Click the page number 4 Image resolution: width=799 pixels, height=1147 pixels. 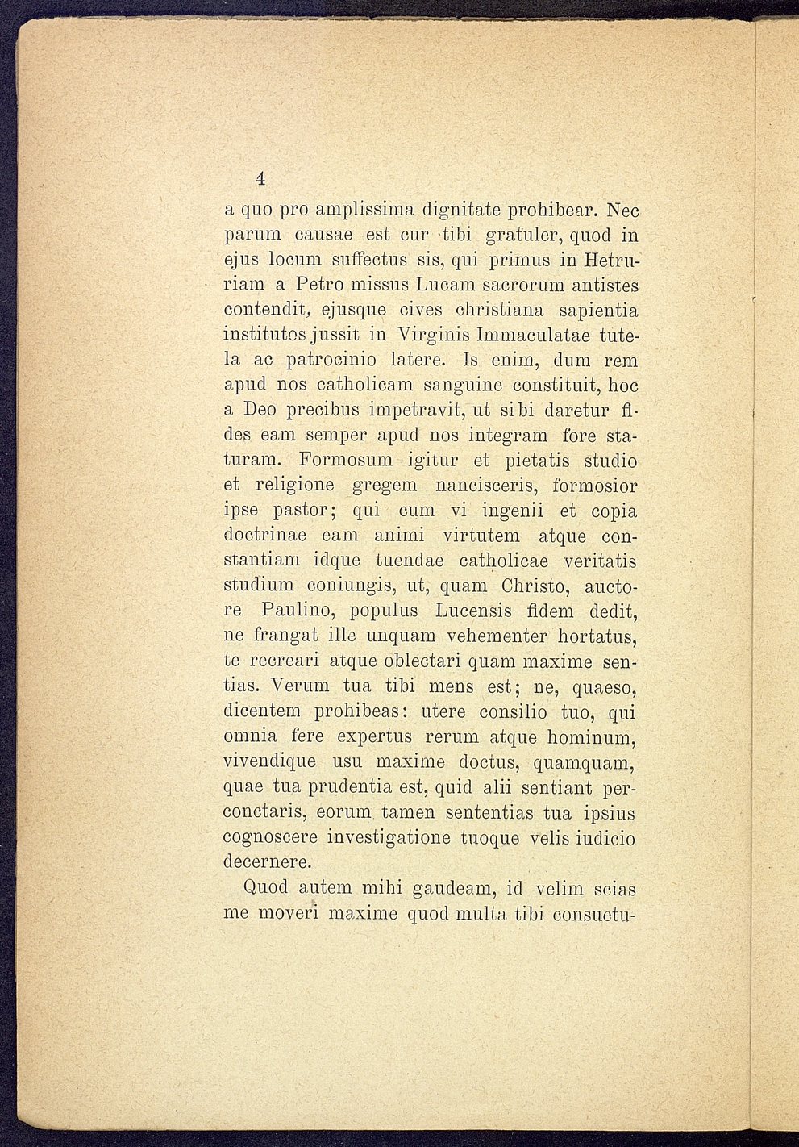coord(260,178)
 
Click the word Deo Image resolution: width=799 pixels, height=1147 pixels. coord(262,411)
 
